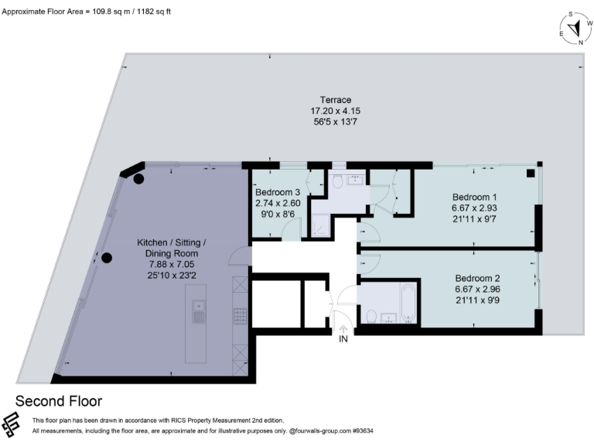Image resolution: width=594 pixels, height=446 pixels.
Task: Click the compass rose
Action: pyautogui.click(x=574, y=29)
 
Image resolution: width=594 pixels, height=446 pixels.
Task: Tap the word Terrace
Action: pyautogui.click(x=336, y=100)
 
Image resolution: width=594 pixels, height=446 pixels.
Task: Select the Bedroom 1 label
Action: pyautogui.click(x=475, y=196)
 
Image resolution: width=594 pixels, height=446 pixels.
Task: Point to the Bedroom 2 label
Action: pyautogui.click(x=477, y=279)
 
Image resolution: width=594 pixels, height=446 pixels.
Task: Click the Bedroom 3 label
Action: pyautogui.click(x=278, y=193)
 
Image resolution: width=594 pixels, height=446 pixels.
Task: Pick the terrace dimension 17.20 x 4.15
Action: pyautogui.click(x=336, y=111)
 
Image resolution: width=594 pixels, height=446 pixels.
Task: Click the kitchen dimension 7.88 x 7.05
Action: pyautogui.click(x=168, y=264)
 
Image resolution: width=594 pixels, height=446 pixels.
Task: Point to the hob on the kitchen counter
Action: pyautogui.click(x=240, y=315)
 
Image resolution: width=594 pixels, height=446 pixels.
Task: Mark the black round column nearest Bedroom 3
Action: pyautogui.click(x=138, y=179)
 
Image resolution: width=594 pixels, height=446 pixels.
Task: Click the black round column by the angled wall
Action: pyautogui.click(x=108, y=258)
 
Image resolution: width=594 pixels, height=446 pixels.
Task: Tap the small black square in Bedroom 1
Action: pyautogui.click(x=530, y=173)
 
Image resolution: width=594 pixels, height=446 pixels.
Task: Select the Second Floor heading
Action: pyautogui.click(x=59, y=401)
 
